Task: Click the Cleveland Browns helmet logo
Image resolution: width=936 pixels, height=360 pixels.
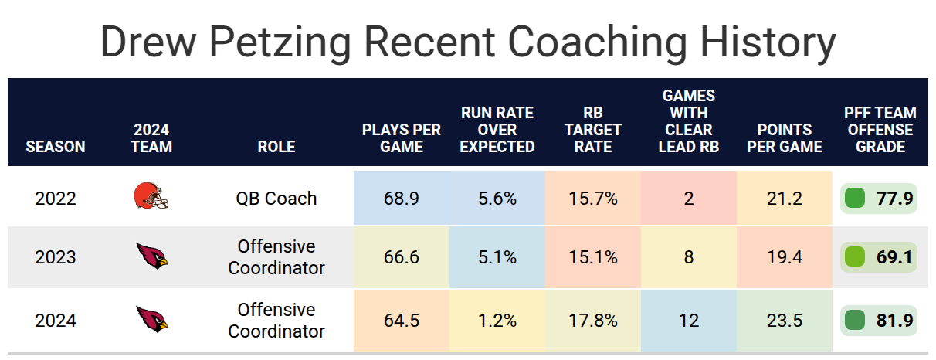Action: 151,195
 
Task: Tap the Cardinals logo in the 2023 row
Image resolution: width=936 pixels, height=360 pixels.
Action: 151,256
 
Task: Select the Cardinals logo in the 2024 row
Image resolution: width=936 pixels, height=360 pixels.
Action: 151,320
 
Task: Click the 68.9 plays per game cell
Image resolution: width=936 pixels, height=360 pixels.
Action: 401,199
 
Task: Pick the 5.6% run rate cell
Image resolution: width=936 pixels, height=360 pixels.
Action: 497,199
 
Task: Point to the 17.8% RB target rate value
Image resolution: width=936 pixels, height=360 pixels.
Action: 593,321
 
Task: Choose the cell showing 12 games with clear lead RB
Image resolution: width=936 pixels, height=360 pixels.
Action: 689,321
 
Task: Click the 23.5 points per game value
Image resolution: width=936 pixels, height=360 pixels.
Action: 785,321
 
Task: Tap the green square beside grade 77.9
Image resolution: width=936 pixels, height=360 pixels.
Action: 854,199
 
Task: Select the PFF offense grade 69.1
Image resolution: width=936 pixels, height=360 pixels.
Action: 894,257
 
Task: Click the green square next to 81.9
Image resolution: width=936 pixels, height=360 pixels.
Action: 854,321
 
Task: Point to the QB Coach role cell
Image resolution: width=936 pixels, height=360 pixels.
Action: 276,199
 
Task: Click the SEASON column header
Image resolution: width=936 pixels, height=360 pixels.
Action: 56,147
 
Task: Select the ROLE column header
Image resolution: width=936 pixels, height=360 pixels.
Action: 276,147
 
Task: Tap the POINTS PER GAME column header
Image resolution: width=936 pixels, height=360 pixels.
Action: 785,138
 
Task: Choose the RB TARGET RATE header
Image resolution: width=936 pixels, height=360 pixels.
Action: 593,130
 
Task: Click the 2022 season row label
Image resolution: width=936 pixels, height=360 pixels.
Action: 56,199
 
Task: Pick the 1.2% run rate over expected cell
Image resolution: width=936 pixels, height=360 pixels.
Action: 497,321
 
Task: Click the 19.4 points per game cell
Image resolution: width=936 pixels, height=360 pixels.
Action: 785,257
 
